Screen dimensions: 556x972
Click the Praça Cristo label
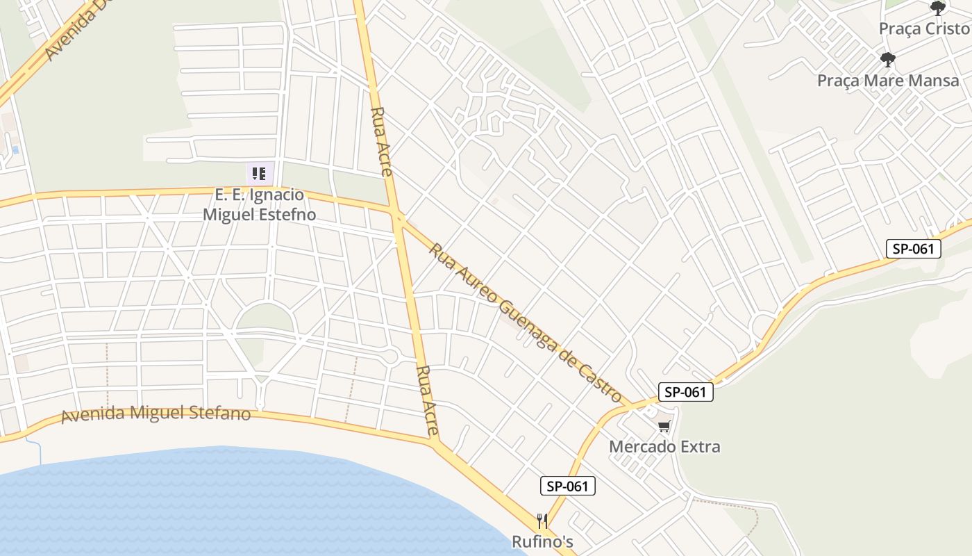[923, 28]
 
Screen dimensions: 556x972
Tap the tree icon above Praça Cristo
[938, 8]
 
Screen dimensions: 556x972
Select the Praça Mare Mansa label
[888, 80]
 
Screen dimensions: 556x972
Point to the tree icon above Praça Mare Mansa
[887, 60]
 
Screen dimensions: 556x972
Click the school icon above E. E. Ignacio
[259, 173]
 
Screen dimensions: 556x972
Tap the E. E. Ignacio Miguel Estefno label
[259, 204]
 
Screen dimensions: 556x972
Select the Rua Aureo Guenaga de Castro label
[525, 322]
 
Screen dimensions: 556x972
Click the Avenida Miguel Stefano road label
[156, 414]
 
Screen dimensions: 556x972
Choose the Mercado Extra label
[664, 446]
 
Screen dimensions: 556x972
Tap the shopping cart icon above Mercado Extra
[664, 426]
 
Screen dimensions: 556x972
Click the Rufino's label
[543, 541]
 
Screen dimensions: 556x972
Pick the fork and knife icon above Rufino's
[542, 521]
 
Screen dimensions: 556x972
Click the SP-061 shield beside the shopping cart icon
[685, 392]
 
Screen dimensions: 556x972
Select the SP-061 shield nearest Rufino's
[567, 486]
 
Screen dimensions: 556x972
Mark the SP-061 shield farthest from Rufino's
[913, 249]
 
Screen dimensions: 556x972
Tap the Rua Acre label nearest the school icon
[381, 141]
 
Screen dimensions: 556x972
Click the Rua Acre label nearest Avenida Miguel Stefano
[427, 401]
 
